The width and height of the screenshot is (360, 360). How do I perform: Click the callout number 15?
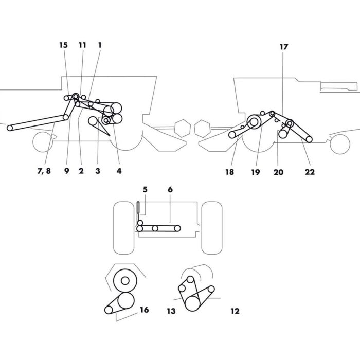click(63, 45)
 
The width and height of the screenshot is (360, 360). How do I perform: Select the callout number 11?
click(82, 45)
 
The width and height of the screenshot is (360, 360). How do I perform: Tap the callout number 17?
click(284, 47)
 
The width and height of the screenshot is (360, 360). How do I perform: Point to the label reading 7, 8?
click(44, 171)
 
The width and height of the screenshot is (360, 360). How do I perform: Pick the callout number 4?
click(119, 171)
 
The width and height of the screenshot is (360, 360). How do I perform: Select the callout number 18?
click(229, 172)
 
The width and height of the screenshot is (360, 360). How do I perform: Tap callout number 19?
click(256, 172)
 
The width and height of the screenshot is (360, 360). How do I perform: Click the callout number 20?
click(278, 172)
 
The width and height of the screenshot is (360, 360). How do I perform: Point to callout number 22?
click(310, 172)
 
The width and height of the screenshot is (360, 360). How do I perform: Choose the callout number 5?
click(145, 190)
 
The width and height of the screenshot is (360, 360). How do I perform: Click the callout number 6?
click(170, 190)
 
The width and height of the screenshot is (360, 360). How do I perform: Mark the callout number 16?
click(144, 310)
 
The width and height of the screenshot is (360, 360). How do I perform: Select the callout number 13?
click(171, 311)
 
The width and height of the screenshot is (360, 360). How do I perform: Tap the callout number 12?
click(235, 311)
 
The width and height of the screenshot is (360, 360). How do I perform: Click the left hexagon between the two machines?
click(182, 127)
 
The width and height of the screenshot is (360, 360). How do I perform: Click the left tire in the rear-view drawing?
click(123, 227)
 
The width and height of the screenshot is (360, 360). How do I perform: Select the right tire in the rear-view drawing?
click(211, 227)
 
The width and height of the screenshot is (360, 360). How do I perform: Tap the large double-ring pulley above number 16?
click(124, 281)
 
